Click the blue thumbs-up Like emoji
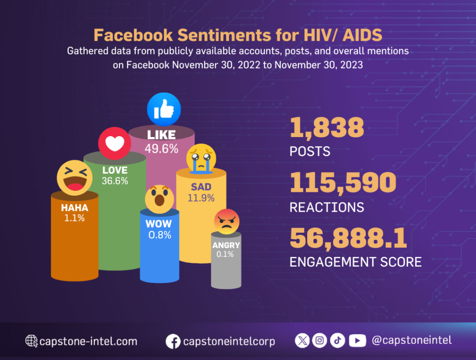(164, 110)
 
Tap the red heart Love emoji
(114, 144)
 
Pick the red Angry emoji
(226, 222)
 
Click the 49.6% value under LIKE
(161, 149)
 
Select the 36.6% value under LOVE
(115, 181)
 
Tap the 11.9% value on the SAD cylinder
(201, 198)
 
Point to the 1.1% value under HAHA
(74, 218)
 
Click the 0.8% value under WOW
(159, 235)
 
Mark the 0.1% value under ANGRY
(226, 254)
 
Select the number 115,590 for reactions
(343, 183)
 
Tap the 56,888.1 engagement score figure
(348, 238)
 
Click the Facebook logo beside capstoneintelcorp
(173, 341)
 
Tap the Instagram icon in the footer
(319, 340)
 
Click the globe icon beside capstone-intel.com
(32, 341)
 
